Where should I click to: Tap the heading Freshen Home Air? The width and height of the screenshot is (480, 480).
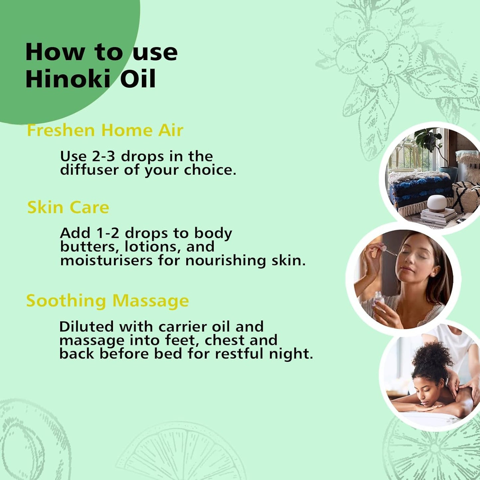coord(105,130)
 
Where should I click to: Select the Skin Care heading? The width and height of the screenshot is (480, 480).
coord(68,207)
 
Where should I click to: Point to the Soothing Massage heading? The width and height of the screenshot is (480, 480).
coord(107,301)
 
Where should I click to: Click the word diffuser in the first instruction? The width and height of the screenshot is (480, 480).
coord(89,170)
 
